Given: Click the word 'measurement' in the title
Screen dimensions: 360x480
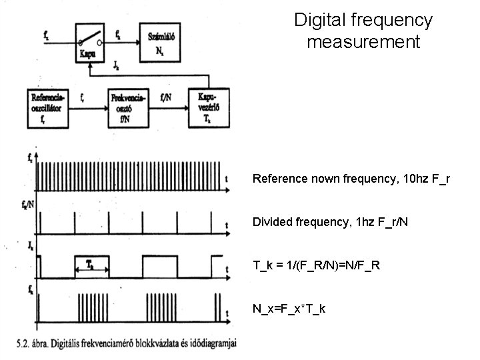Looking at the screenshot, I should [x=363, y=43].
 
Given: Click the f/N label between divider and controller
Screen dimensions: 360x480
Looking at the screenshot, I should [x=169, y=95].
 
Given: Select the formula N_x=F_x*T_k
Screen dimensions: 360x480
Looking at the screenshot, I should [x=289, y=309].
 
